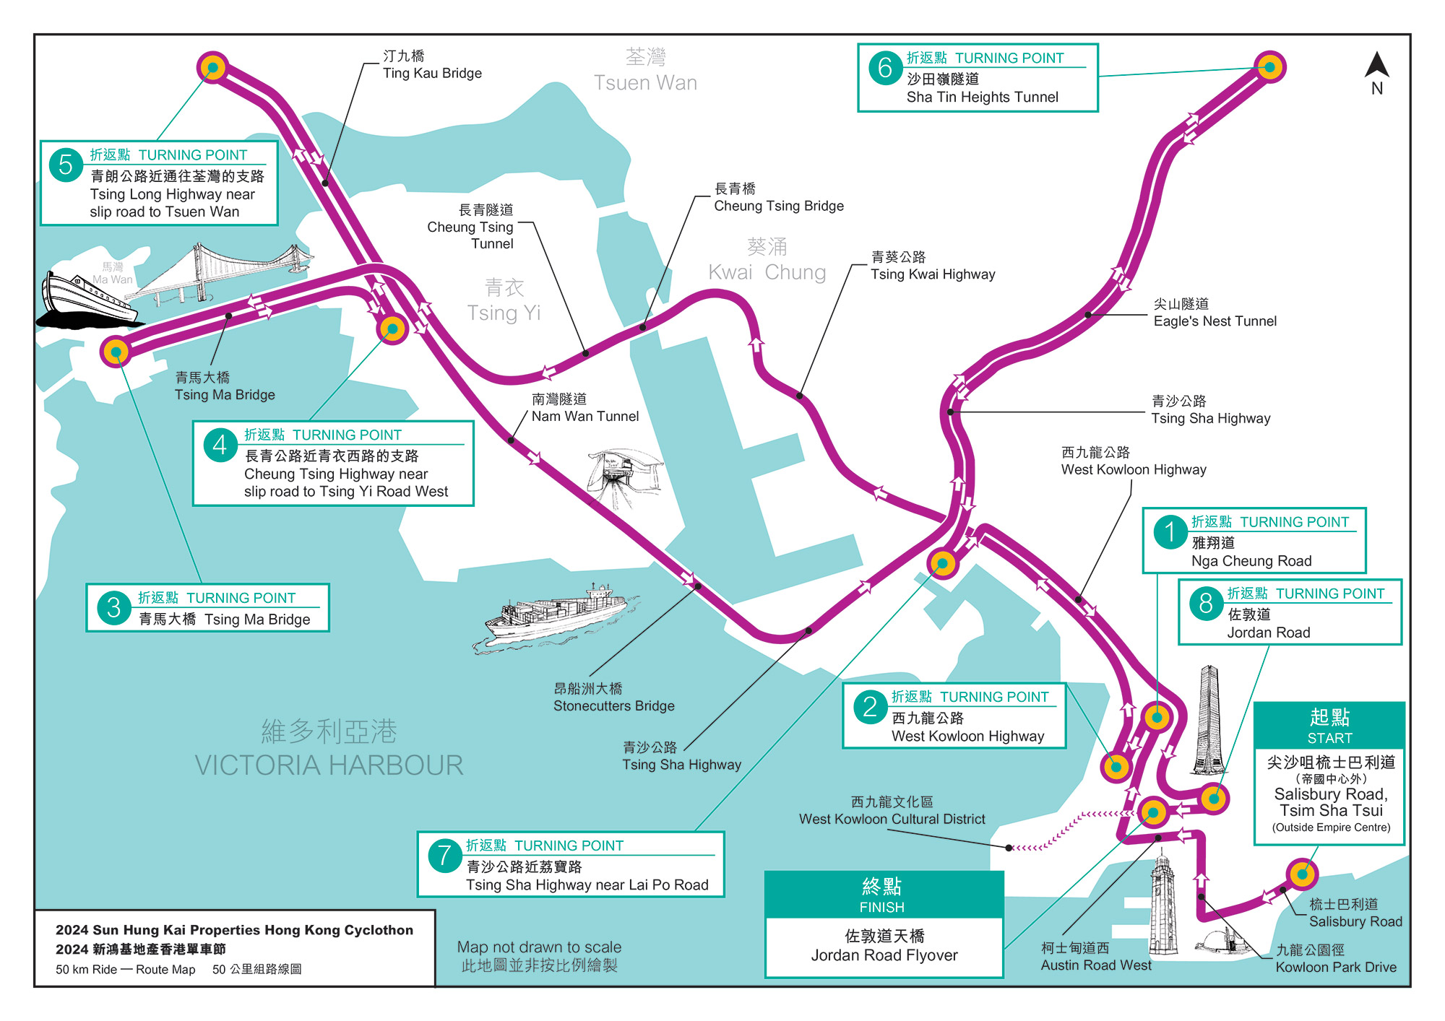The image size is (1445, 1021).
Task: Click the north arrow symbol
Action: pyautogui.click(x=1376, y=66)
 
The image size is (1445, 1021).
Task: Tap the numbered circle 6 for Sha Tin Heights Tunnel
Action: pyautogui.click(x=885, y=69)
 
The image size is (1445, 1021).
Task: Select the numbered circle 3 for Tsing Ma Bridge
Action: pyautogui.click(x=113, y=608)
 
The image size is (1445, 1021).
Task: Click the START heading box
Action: pyautogui.click(x=1329, y=726)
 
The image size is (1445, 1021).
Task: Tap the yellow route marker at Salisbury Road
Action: pyautogui.click(x=1302, y=874)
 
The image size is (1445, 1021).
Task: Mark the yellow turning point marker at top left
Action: pyautogui.click(x=212, y=68)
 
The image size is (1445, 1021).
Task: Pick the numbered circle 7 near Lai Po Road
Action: pyautogui.click(x=444, y=856)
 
